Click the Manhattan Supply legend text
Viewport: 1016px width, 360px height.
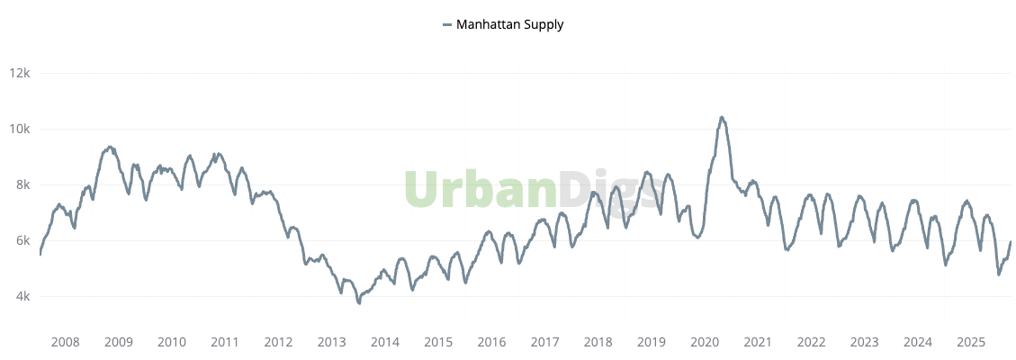coord(510,24)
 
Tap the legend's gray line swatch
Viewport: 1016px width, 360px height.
coord(447,25)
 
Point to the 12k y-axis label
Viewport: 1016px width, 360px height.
coord(21,73)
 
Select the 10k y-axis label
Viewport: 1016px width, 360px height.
coord(21,129)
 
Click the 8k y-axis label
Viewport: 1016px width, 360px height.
coord(23,184)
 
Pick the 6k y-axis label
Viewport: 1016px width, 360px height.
coord(23,240)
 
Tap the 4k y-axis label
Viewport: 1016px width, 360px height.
coord(23,296)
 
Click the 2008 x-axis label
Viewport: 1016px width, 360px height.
coord(66,342)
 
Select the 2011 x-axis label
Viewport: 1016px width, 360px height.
coord(225,342)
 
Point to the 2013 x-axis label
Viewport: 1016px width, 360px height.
coord(332,342)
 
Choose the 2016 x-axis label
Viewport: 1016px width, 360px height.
coord(491,342)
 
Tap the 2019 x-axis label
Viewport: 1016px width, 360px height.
coord(652,342)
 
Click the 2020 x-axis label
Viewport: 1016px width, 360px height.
coord(705,342)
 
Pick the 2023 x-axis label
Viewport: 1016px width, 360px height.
coord(865,342)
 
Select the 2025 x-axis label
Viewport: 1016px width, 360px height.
coord(971,342)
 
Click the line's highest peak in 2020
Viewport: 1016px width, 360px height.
coord(722,117)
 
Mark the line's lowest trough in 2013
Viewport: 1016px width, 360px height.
coord(359,303)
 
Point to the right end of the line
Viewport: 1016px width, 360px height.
coord(1011,241)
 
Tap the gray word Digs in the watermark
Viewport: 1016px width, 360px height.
coord(612,191)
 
